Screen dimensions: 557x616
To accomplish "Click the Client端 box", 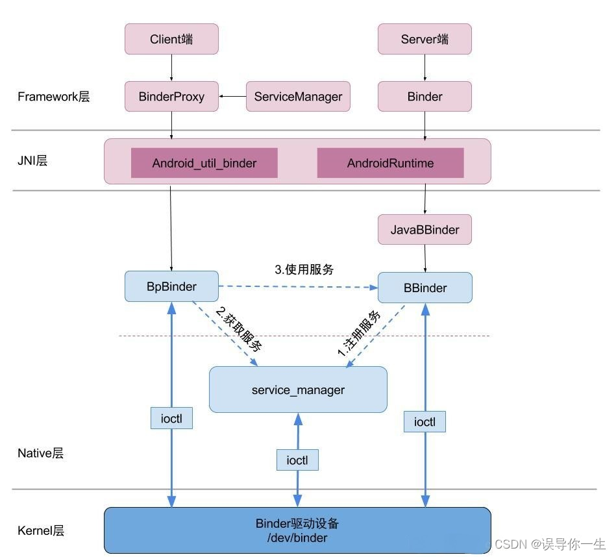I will (x=171, y=39).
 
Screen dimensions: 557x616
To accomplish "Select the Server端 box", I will (x=425, y=39).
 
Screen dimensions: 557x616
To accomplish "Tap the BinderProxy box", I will (x=171, y=96).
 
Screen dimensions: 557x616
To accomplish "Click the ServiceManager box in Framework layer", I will (x=298, y=96).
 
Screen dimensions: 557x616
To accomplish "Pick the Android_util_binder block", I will (x=204, y=163).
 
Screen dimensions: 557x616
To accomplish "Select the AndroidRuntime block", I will (x=390, y=163).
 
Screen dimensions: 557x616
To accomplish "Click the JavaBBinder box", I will (x=425, y=230).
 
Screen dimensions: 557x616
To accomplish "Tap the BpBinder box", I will (x=171, y=286).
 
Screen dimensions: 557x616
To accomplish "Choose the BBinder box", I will (x=425, y=288).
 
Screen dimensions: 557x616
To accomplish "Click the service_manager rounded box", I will (x=298, y=390).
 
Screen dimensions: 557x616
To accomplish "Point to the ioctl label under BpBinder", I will (x=171, y=419).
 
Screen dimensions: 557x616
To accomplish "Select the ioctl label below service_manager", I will (x=297, y=460).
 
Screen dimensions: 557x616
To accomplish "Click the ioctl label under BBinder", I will (x=425, y=422).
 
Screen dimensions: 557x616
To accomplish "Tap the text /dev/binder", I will (x=297, y=538).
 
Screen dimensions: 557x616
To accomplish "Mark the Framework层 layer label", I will (x=53, y=97).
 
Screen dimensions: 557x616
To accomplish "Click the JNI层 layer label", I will (x=32, y=160).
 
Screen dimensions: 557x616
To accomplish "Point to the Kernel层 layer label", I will (x=40, y=530).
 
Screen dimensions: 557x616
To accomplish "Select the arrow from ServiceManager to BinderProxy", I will (x=232, y=96).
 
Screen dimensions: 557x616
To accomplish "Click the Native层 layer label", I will (x=40, y=453).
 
